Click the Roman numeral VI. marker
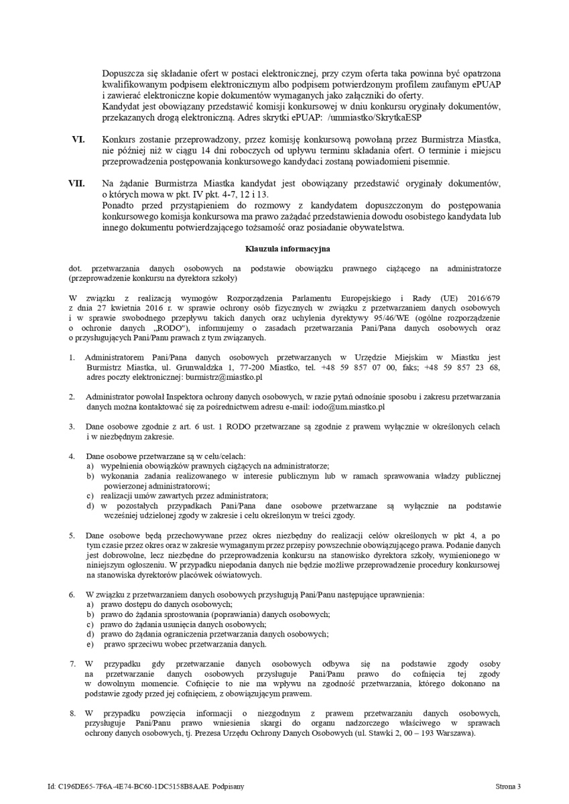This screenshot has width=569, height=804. (78, 139)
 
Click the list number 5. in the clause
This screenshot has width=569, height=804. (72, 535)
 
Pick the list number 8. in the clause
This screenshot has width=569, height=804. (72, 713)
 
